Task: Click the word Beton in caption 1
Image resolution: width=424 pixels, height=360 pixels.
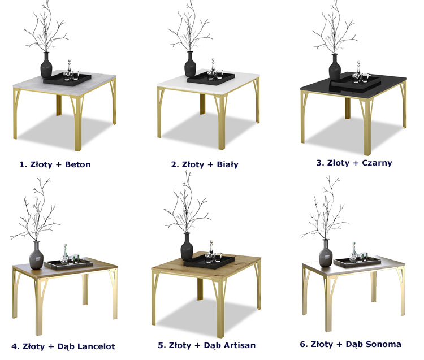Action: pyautogui.click(x=78, y=164)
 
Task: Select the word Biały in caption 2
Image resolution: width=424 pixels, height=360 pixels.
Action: pyautogui.click(x=228, y=164)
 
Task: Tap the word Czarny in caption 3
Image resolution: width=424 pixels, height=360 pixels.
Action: pyautogui.click(x=377, y=163)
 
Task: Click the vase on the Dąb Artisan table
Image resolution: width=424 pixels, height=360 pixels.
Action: pyautogui.click(x=187, y=246)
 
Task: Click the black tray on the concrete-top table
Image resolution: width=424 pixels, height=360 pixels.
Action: pyautogui.click(x=67, y=79)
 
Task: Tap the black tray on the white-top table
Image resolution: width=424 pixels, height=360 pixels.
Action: pyautogui.click(x=211, y=78)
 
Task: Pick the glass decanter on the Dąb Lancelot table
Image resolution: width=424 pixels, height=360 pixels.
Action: pyautogui.click(x=64, y=254)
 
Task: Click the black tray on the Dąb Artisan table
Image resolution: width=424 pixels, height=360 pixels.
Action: pyautogui.click(x=209, y=261)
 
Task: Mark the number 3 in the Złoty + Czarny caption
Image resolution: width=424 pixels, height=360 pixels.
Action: pyautogui.click(x=320, y=163)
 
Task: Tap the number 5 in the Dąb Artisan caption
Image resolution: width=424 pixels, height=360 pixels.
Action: pyautogui.click(x=162, y=345)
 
